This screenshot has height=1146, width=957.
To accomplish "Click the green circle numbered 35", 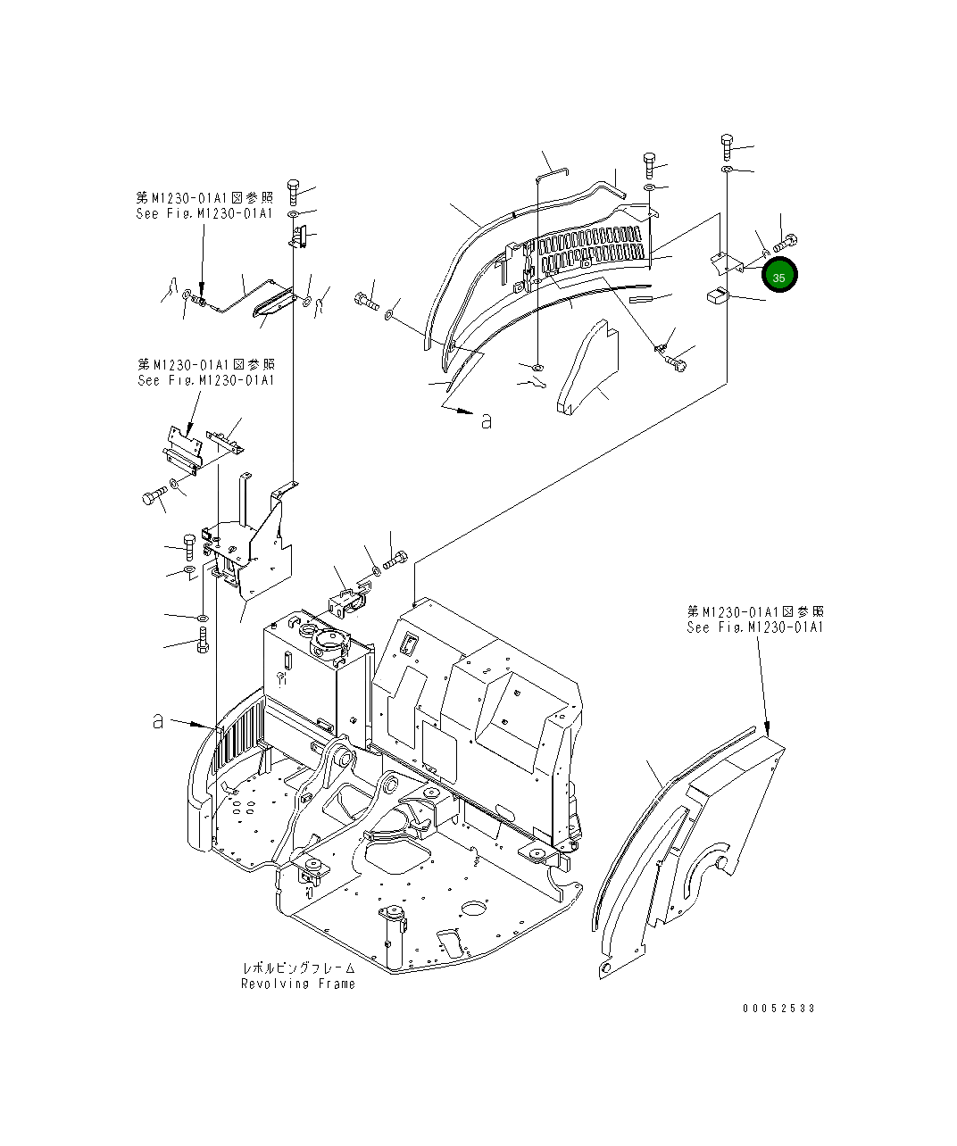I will point(779,278).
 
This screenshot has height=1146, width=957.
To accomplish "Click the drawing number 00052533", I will point(778,1009).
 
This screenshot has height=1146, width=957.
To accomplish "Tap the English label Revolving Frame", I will point(297,984).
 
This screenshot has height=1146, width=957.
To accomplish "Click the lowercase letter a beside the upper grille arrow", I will point(486,421).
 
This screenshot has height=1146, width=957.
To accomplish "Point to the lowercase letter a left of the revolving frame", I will point(157,721).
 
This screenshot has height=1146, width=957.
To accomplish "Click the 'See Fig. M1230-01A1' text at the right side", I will point(755,627).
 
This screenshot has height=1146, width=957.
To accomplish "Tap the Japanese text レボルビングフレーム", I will point(299,968).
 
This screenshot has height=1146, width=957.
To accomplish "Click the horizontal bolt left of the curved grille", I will point(367,300).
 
